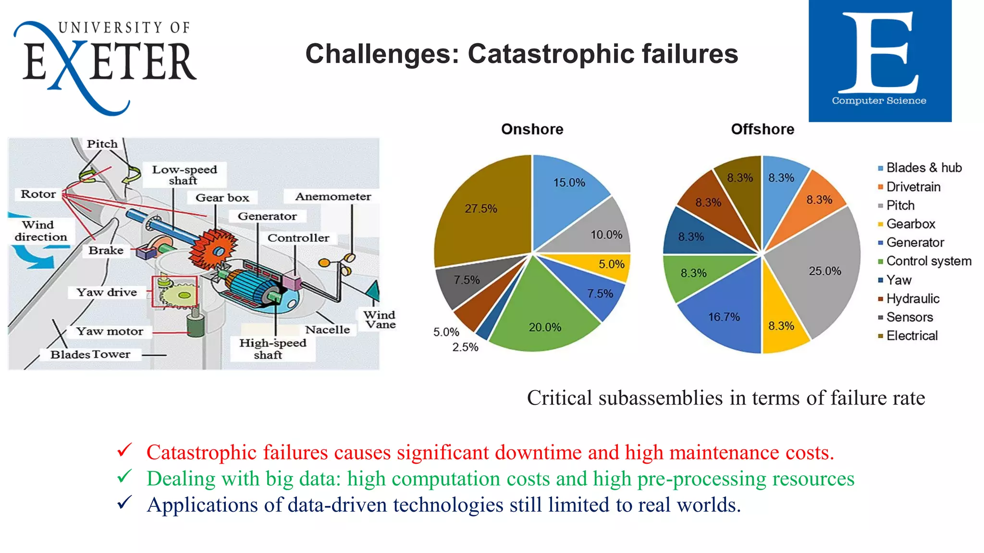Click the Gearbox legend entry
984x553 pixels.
(910, 224)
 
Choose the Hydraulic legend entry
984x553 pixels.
(912, 299)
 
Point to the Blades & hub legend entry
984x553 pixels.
(923, 168)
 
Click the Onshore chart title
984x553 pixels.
(532, 129)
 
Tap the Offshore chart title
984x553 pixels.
(763, 129)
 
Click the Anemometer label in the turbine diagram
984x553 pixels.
(333, 196)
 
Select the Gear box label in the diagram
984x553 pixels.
(222, 198)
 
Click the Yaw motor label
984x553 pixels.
(110, 331)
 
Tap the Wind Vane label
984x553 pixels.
(380, 320)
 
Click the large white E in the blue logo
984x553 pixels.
(879, 53)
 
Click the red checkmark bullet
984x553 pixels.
(124, 450)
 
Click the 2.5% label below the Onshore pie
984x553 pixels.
(465, 347)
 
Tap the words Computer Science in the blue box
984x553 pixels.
(879, 101)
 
